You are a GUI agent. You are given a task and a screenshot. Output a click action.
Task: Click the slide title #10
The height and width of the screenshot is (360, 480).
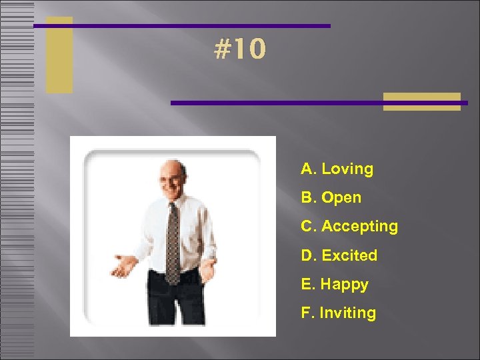point(241,49)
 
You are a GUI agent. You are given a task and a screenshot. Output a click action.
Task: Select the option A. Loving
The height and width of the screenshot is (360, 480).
point(337,169)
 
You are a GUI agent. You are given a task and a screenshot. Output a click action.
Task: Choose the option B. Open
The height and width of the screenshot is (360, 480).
point(331,197)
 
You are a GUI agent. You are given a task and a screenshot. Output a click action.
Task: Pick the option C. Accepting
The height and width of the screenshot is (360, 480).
point(349,227)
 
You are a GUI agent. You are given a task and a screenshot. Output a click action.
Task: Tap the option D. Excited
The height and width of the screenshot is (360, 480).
point(339,255)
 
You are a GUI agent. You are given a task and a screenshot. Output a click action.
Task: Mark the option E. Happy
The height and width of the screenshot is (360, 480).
point(335,284)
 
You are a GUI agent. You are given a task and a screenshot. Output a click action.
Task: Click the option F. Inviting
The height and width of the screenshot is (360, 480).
point(338,313)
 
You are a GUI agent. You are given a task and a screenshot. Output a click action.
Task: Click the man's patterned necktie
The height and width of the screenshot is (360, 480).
point(173,240)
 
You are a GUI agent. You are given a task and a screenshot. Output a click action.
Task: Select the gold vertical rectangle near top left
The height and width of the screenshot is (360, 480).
point(59,55)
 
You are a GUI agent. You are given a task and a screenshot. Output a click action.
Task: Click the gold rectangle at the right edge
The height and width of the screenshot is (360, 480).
point(422,101)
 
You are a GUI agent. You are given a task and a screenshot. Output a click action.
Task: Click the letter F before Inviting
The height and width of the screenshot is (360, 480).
point(305,313)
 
